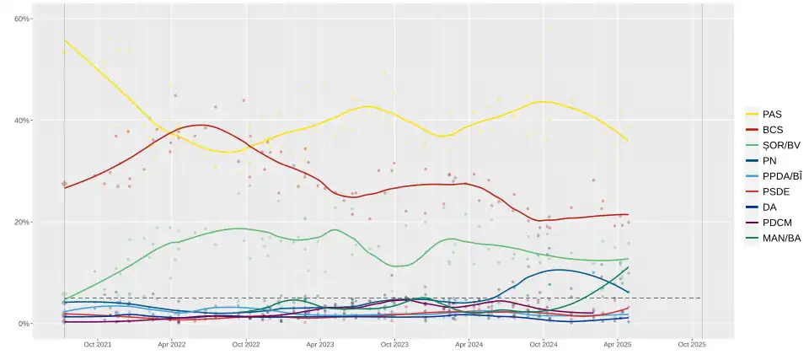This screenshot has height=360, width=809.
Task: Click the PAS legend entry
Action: pos(771,114)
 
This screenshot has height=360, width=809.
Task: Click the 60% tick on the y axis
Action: pos(23,19)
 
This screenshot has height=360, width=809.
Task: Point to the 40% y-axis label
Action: pos(23,121)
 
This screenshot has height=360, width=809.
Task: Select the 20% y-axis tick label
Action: pos(23,223)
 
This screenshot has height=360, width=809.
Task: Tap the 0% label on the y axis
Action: pos(25,324)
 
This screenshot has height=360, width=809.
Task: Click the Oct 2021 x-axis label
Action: pos(98,345)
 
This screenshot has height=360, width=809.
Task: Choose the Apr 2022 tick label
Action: pos(172,345)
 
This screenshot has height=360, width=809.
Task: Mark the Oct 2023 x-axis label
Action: pos(394,345)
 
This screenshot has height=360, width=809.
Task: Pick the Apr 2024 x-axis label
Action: pos(469,345)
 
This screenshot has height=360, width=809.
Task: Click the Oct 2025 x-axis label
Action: pos(692,345)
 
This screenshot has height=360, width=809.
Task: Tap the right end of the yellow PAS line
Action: pos(629,141)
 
